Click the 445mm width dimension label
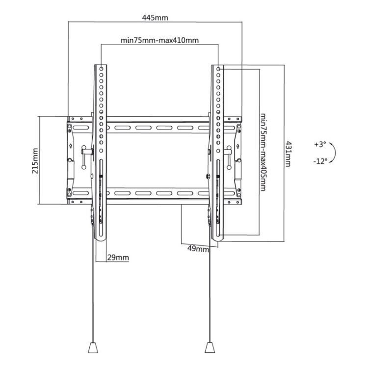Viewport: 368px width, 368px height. (x=155, y=18)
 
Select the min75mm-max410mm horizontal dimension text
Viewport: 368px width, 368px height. (x=159, y=40)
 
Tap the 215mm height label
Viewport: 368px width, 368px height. (x=35, y=161)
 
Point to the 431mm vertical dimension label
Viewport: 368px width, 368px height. (x=288, y=154)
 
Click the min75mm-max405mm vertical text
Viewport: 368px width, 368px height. (x=263, y=152)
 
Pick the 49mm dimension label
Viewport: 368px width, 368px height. (x=198, y=249)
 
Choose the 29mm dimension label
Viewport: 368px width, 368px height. (x=118, y=258)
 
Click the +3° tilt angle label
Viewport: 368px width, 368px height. (x=320, y=144)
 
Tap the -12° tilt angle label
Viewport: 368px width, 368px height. (x=320, y=161)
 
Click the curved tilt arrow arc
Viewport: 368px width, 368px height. (x=335, y=153)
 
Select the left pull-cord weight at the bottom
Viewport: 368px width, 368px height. (x=93, y=347)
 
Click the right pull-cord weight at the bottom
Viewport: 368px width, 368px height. (x=210, y=347)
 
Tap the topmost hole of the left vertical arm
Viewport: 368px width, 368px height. (x=102, y=69)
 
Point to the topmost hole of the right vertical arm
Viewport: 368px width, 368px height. (x=218, y=69)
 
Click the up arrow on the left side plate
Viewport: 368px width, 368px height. (x=71, y=146)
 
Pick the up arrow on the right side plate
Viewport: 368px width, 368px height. (x=238, y=146)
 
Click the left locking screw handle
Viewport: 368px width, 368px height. (x=84, y=157)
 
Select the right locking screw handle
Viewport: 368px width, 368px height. (x=228, y=157)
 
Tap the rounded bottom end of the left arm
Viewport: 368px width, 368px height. (x=101, y=238)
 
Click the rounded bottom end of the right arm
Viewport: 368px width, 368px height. (x=217, y=238)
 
